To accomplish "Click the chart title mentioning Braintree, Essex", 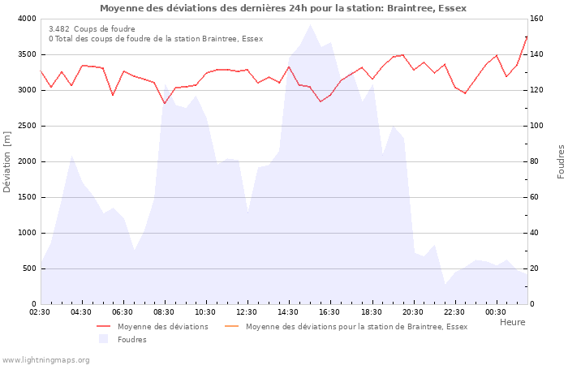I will click(x=283, y=8).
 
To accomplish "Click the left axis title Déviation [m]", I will click(x=7, y=161).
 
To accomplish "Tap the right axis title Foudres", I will click(x=561, y=161).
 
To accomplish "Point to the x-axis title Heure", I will click(x=512, y=322).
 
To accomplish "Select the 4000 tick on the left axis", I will click(x=26, y=19).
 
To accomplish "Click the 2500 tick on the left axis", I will click(x=26, y=126).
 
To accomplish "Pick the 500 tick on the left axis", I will click(x=28, y=268).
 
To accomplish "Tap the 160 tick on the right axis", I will click(x=538, y=19).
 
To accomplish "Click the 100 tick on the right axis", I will click(x=538, y=126).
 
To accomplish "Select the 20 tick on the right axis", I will click(x=536, y=268).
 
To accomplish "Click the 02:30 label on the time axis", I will click(x=41, y=312).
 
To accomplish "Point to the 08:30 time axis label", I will click(x=165, y=312).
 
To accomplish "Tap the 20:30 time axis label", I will click(x=413, y=312).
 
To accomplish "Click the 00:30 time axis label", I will click(x=496, y=312).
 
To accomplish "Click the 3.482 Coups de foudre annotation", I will click(x=92, y=29).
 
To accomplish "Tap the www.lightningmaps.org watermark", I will click(x=45, y=359).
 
